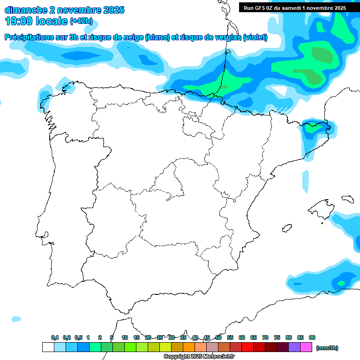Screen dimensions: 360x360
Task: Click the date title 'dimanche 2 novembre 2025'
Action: point(64,10)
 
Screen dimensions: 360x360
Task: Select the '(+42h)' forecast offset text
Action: point(81,21)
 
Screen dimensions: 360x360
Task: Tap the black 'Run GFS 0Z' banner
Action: point(295,8)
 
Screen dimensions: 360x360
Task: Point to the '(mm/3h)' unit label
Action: point(327,348)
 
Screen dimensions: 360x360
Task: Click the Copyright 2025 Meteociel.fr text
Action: point(199,357)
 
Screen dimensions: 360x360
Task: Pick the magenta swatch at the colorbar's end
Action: point(306,347)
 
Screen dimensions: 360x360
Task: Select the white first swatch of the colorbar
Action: point(48,347)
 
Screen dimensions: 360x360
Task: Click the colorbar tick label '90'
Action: point(312,337)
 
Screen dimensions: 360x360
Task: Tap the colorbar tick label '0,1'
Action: point(55,337)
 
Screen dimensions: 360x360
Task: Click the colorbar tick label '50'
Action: point(218,337)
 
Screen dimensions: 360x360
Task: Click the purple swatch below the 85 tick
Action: point(294,347)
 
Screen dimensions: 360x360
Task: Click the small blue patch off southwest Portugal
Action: point(16,319)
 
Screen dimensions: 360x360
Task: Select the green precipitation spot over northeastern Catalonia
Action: point(310,125)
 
